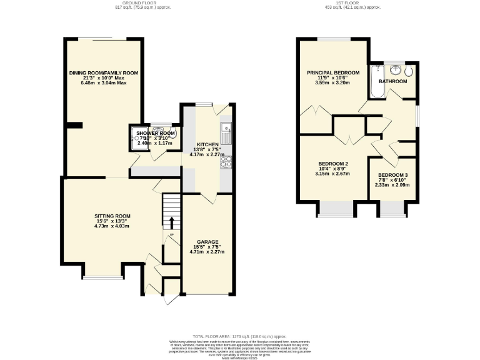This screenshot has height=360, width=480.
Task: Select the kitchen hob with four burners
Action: point(227,161)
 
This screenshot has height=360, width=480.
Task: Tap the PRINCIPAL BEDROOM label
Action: point(333,72)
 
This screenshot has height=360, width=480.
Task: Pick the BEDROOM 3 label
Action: point(394,174)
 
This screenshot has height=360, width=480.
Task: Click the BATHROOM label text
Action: point(392,81)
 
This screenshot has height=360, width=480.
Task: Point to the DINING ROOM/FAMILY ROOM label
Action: point(104,72)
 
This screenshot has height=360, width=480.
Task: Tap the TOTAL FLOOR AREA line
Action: point(239,336)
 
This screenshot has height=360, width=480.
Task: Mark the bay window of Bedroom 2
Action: point(336,209)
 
